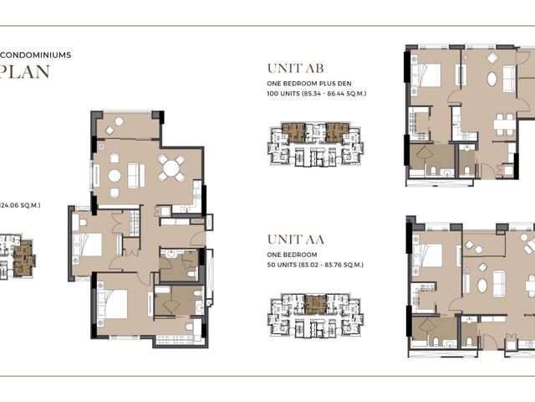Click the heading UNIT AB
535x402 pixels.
pyautogui.click(x=295, y=69)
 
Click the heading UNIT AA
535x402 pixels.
pyautogui.click(x=295, y=240)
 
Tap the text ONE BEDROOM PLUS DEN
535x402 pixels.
pyautogui.click(x=309, y=84)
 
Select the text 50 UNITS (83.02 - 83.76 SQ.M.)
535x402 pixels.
pyautogui.click(x=315, y=265)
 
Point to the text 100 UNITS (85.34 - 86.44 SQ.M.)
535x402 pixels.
pyautogui.click(x=317, y=93)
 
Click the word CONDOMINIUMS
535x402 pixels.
pyautogui.click(x=35, y=55)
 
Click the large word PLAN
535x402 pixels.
pyautogui.click(x=25, y=72)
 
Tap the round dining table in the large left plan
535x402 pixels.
pyautogui.click(x=171, y=168)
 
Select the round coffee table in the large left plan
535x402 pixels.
pyautogui.click(x=115, y=176)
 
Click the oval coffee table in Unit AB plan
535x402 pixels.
pyautogui.click(x=492, y=79)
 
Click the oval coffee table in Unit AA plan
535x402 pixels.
pyautogui.click(x=482, y=286)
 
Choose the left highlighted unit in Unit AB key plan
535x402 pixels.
pyautogui.click(x=293, y=132)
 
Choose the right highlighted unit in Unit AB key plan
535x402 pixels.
pyautogui.click(x=338, y=132)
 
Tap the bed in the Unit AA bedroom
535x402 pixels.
pyautogui.click(x=427, y=255)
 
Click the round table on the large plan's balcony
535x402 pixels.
pyautogui.click(x=119, y=121)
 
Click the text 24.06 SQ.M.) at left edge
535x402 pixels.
pyautogui.click(x=20, y=205)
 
